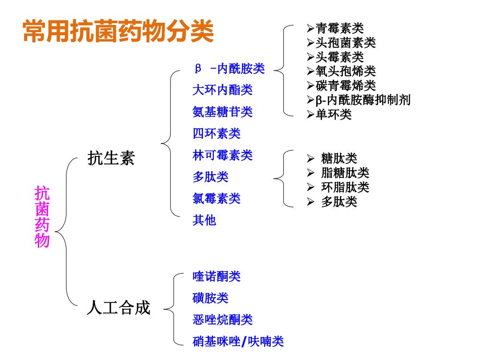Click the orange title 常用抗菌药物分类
[x=118, y=31]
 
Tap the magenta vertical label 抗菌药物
[x=42, y=217]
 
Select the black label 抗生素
[x=111, y=158]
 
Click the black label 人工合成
[x=119, y=307]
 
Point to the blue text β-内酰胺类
[x=230, y=69]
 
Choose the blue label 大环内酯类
[x=222, y=90]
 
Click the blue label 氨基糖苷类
[x=222, y=112]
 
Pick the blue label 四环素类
[x=216, y=134]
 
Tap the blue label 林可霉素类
[x=222, y=155]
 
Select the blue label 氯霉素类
[x=216, y=198]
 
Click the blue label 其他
[x=204, y=220]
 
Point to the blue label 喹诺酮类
[x=216, y=276]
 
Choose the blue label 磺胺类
[x=210, y=298]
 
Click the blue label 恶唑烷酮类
[x=222, y=320]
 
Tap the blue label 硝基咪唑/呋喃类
[x=238, y=341]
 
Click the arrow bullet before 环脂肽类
[x=310, y=187]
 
